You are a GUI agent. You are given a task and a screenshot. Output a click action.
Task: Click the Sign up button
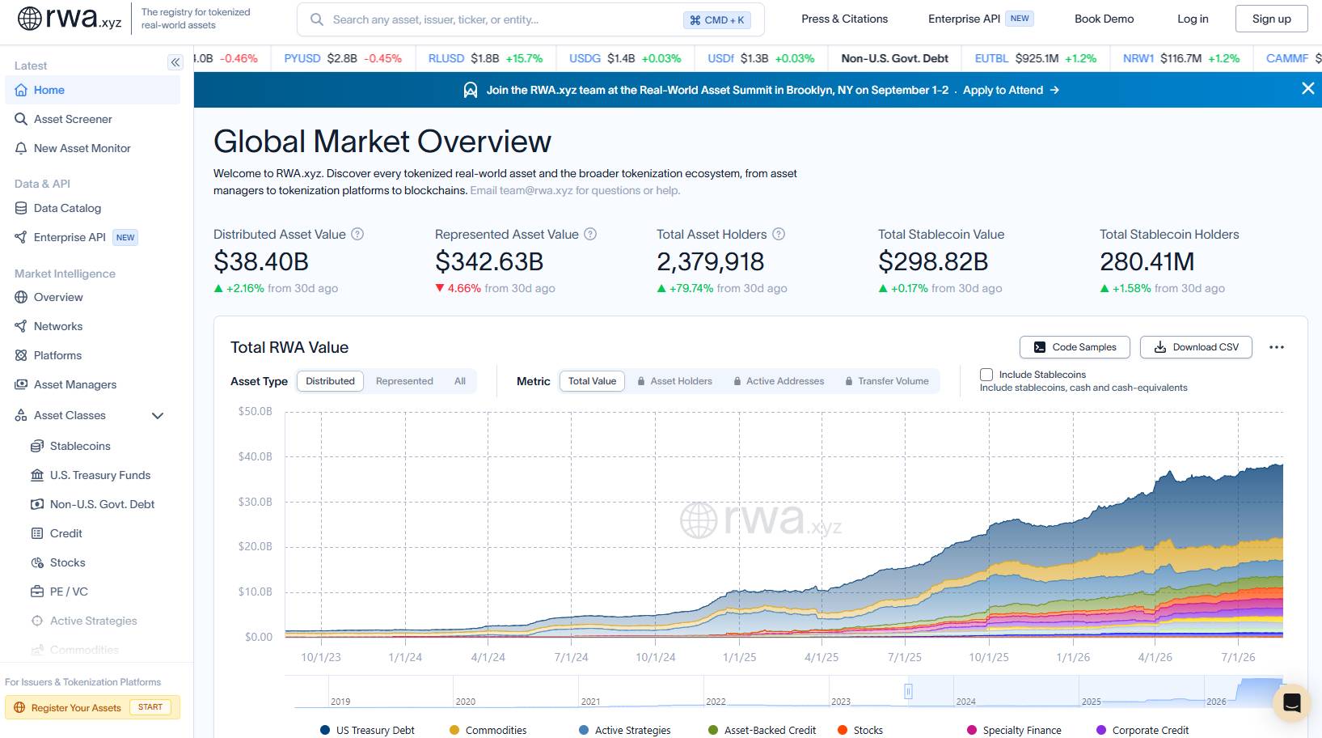click(1271, 19)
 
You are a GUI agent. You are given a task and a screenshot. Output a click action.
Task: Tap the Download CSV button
click(1196, 347)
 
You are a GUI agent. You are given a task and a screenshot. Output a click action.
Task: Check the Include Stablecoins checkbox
click(986, 375)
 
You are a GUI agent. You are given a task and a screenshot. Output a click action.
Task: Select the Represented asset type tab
click(404, 381)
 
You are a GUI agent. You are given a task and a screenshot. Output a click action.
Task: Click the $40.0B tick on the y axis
click(255, 456)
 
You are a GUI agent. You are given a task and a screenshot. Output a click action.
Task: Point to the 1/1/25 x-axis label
click(739, 657)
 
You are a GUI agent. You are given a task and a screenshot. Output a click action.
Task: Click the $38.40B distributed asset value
click(261, 261)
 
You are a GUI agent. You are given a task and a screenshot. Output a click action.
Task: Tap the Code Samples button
click(1075, 347)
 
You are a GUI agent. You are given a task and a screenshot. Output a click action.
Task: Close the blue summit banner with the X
click(1307, 89)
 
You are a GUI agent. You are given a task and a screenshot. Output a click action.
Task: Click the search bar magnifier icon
click(317, 19)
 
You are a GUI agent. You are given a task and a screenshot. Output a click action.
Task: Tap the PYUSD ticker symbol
click(302, 58)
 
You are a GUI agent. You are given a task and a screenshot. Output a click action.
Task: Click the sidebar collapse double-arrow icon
click(175, 62)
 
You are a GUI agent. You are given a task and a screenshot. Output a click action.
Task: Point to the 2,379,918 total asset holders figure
click(711, 261)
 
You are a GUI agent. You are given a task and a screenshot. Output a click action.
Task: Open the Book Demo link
click(1104, 19)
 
